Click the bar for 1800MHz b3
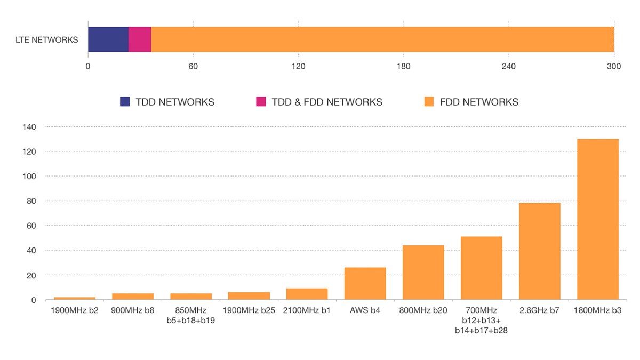click(597, 219)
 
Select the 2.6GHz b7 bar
click(539, 251)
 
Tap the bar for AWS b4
click(365, 283)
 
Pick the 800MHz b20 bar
click(423, 272)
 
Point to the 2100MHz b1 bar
click(307, 294)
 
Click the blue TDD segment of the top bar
click(108, 39)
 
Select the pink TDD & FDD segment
click(140, 39)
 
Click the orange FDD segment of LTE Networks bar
click(382, 39)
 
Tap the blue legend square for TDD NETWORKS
click(125, 102)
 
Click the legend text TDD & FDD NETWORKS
click(327, 102)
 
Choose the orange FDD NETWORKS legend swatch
click(429, 102)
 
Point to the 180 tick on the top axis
click(404, 67)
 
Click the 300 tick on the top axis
click(614, 67)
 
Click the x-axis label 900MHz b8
click(132, 310)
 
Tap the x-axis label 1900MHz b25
click(249, 310)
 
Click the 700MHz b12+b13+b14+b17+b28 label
click(481, 320)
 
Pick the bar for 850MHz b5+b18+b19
click(191, 296)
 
